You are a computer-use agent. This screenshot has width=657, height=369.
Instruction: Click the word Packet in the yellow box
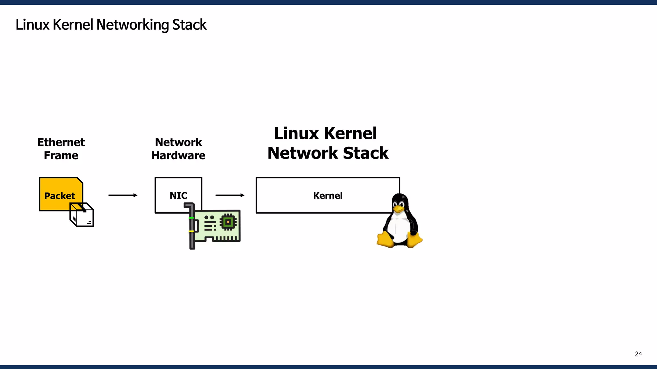tap(60, 196)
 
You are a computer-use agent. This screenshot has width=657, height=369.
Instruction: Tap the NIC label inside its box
tap(178, 195)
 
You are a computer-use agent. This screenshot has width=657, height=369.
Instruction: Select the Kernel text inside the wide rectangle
tap(328, 195)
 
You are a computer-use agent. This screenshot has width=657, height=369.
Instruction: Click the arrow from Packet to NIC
tap(123, 195)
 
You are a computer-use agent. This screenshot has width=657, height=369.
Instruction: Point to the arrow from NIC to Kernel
tap(230, 195)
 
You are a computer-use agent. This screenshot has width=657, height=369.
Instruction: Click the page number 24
tap(638, 354)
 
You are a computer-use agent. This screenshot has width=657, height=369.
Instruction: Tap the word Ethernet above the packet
tap(61, 142)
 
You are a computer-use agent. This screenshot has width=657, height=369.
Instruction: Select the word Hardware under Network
tap(178, 155)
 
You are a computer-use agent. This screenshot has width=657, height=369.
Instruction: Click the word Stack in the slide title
tap(189, 25)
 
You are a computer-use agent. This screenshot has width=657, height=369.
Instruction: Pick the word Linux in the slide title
tap(32, 25)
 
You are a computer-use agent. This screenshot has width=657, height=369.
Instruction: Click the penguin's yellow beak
tap(398, 209)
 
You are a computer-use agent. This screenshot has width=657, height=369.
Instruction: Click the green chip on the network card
tap(228, 222)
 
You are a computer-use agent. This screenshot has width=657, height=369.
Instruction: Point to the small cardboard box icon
tap(82, 215)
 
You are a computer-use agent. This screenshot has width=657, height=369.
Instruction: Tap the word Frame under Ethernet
tap(61, 155)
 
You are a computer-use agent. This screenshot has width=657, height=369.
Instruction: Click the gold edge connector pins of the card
tap(226, 239)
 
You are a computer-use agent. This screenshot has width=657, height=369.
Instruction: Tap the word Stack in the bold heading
tap(365, 153)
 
